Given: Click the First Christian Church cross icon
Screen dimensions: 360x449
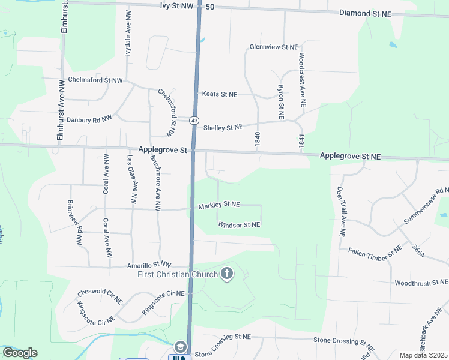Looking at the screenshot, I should pos(227,274).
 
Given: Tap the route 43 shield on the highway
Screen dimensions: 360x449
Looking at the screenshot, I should pos(194,121).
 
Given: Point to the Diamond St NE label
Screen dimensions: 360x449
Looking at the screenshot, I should pos(366,13).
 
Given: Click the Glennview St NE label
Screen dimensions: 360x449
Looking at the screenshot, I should pos(274,47).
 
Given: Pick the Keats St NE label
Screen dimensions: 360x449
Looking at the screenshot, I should pos(220,94).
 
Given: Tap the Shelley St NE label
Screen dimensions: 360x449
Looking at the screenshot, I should pos(223,127).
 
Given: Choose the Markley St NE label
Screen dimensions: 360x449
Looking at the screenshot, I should pos(219,205).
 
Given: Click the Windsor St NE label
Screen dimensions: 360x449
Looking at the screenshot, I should pos(239,224).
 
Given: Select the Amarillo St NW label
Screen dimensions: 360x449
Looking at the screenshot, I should pos(149,265).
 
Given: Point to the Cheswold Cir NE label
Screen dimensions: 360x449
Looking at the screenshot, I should pos(100,292).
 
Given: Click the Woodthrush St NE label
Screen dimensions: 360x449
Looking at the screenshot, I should pos(421,282).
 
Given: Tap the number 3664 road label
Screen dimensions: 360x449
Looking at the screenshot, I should pos(418,251).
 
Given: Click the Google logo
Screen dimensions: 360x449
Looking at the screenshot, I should pos(20,353).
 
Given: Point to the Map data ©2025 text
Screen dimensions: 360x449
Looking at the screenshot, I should pos(424,355).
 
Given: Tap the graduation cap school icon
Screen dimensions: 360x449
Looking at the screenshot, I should pos(181,347).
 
